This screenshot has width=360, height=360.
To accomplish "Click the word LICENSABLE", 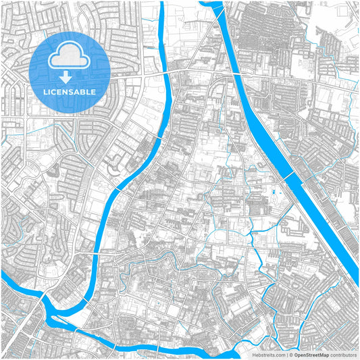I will pos(70,91).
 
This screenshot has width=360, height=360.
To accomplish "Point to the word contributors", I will pos(342,354).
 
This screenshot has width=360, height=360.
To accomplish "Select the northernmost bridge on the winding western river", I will pos(162,70).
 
